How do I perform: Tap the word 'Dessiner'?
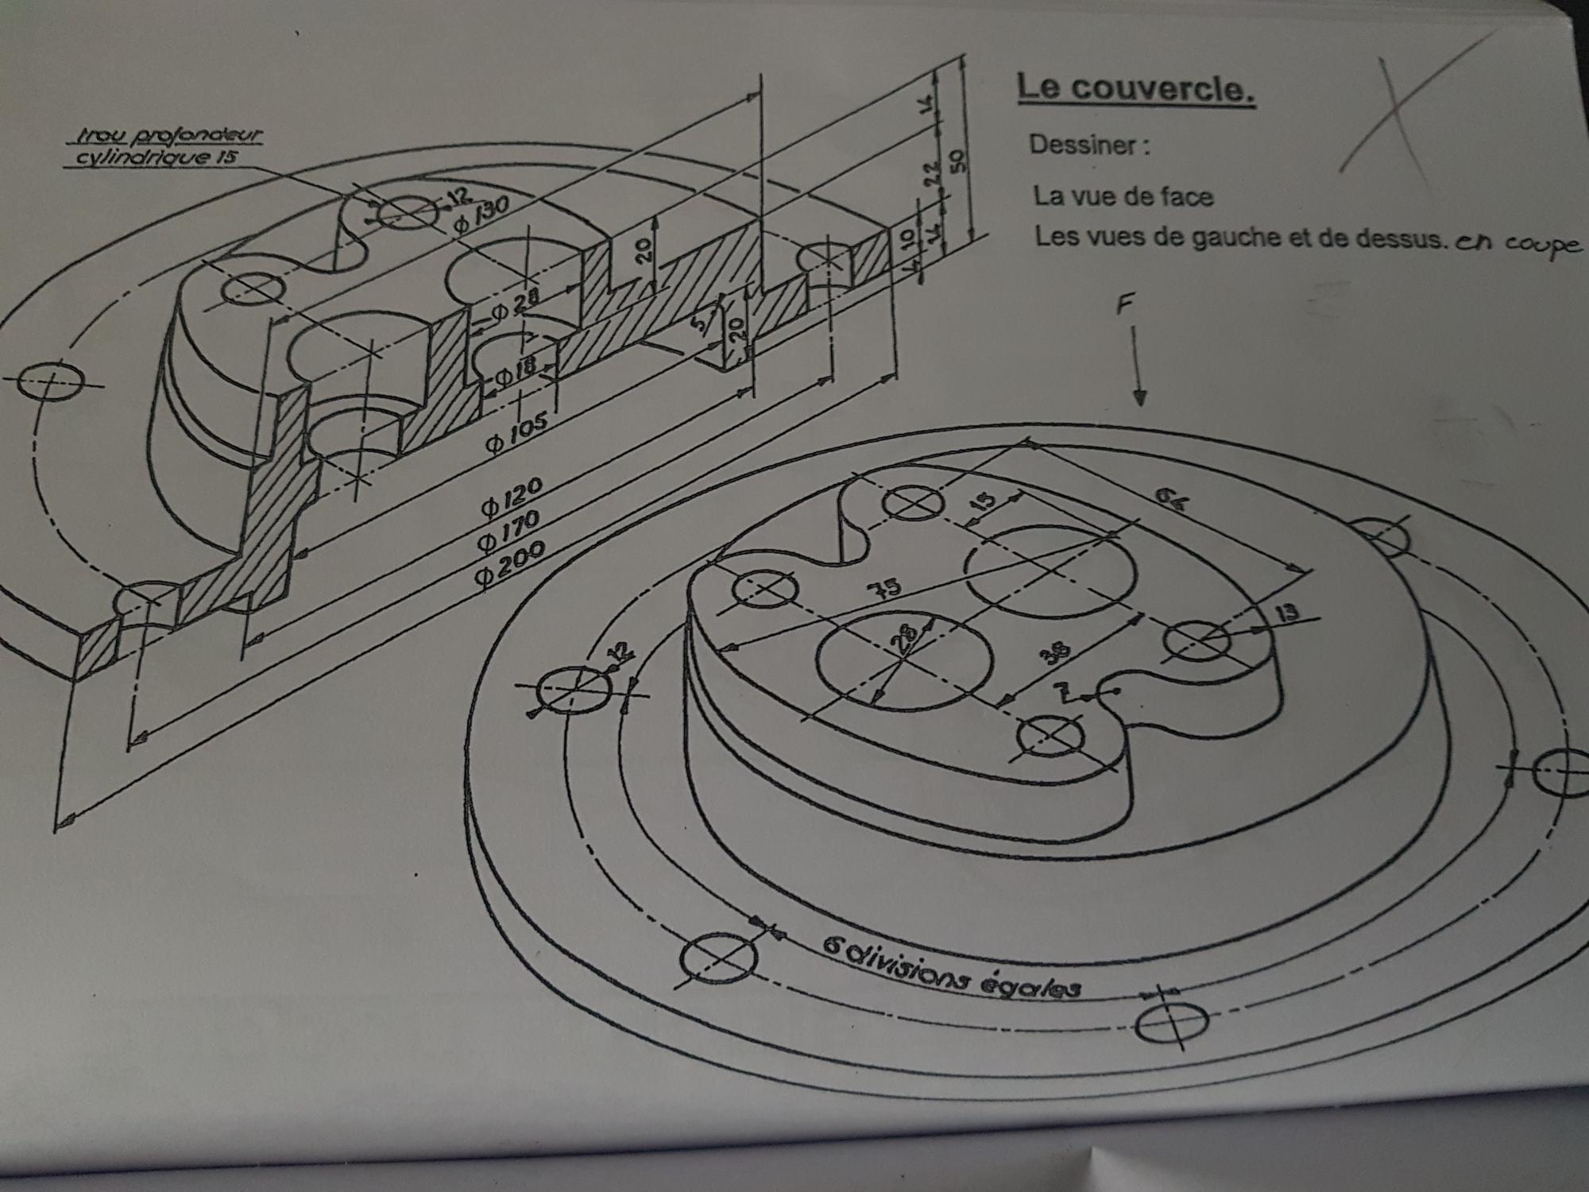(1088, 145)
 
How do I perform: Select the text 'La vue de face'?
(1123, 195)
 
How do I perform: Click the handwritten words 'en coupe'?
(1518, 244)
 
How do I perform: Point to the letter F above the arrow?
(1126, 304)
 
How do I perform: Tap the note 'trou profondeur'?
(167, 137)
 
